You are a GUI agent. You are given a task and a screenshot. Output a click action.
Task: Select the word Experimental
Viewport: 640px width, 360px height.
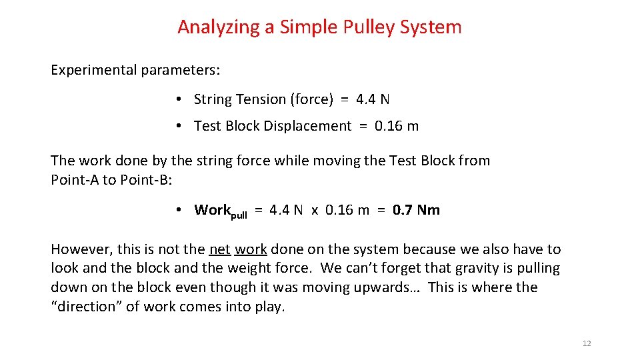pyautogui.click(x=93, y=70)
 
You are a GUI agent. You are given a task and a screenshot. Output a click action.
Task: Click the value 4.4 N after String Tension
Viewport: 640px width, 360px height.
pyautogui.click(x=373, y=99)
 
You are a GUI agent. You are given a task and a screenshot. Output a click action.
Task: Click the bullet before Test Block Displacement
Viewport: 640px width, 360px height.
pyautogui.click(x=180, y=126)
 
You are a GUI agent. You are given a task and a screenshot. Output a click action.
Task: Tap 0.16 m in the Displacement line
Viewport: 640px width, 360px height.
pyautogui.click(x=397, y=126)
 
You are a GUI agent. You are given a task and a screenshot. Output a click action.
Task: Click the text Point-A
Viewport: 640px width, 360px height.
pyautogui.click(x=75, y=180)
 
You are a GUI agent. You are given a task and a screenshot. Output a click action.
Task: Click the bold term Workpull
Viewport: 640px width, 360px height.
pyautogui.click(x=220, y=211)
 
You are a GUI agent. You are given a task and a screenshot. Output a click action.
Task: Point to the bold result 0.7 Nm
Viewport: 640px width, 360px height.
pyautogui.click(x=416, y=210)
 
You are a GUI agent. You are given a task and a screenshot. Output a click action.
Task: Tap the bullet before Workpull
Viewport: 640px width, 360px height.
pyautogui.click(x=180, y=210)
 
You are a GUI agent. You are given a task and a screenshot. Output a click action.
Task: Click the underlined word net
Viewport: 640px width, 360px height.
pyautogui.click(x=219, y=249)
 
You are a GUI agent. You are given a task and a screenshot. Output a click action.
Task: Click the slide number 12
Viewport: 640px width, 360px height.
pyautogui.click(x=587, y=343)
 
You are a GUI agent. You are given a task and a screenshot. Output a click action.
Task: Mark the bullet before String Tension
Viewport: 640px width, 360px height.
pyautogui.click(x=180, y=99)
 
